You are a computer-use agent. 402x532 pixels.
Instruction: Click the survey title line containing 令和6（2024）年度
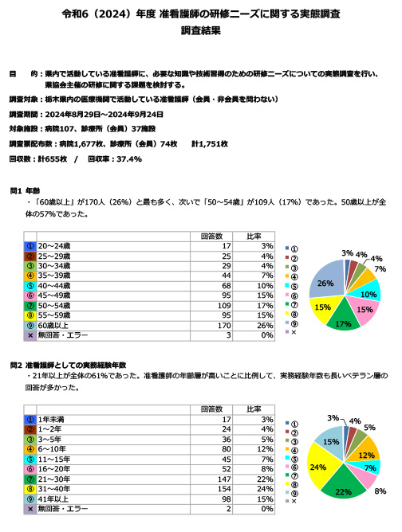(200, 14)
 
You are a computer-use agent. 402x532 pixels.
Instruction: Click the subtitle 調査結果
(200, 32)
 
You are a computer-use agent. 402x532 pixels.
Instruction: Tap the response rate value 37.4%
(128, 158)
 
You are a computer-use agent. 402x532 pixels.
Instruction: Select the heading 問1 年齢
(25, 192)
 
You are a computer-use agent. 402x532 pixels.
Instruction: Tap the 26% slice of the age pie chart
(326, 284)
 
